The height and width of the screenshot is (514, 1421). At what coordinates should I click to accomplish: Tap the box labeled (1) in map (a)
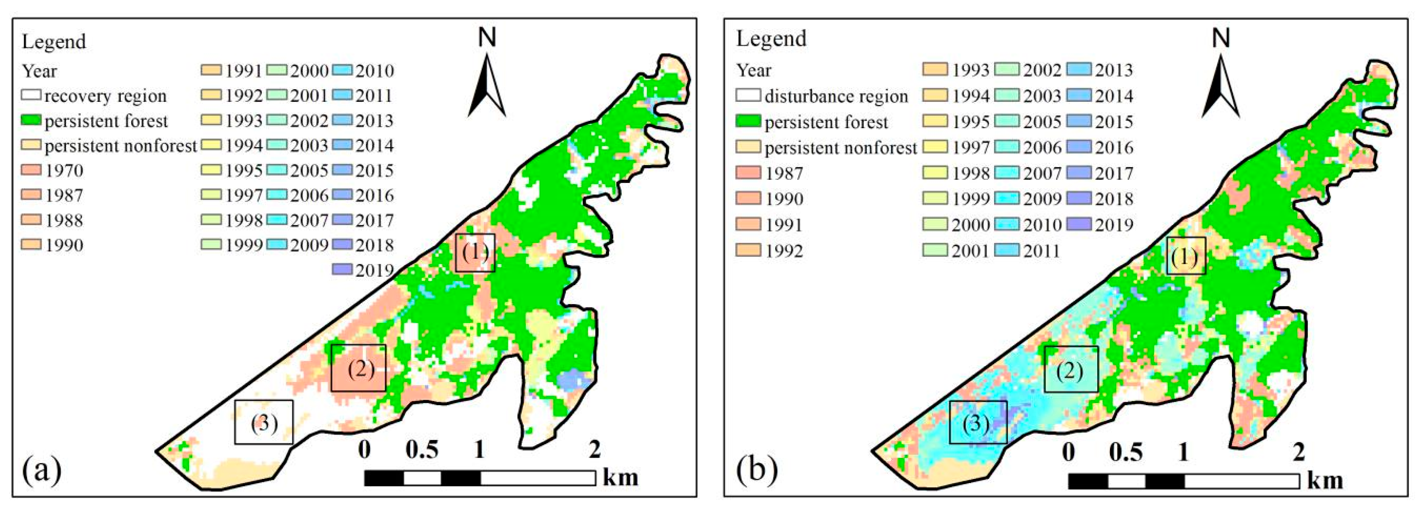tap(475, 253)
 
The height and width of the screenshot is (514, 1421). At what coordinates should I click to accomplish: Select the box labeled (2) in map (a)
tap(359, 368)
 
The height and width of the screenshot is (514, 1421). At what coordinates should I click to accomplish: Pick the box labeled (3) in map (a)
tap(264, 422)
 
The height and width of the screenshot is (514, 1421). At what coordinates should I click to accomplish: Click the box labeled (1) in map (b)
tap(1186, 256)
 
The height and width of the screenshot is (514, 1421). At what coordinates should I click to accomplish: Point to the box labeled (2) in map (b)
tap(1071, 370)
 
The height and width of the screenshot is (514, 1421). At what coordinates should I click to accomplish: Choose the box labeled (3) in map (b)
tap(978, 423)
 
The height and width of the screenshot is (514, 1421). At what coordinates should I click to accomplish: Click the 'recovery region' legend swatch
tap(31, 95)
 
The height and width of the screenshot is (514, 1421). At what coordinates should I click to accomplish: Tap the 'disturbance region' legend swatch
tap(748, 95)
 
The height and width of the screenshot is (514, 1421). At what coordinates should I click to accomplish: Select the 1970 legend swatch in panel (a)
tap(31, 170)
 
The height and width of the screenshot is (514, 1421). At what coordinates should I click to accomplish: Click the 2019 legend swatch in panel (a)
tap(342, 270)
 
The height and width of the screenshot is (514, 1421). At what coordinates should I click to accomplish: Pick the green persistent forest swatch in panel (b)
tap(748, 121)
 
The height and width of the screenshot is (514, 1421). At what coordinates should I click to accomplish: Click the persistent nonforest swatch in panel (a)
tap(31, 145)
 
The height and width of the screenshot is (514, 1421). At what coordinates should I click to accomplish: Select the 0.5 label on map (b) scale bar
tap(1125, 452)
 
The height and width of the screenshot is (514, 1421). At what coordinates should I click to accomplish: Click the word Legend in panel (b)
tap(771, 39)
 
